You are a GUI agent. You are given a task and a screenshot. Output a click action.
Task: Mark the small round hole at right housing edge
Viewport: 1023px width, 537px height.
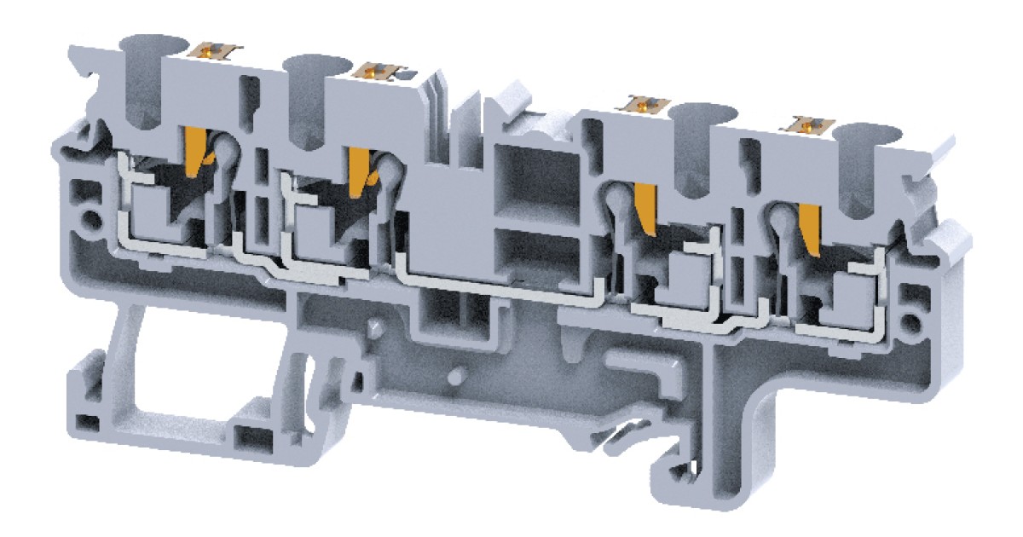912,323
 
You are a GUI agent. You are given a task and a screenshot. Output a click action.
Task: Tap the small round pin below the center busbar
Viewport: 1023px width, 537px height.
458,374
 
